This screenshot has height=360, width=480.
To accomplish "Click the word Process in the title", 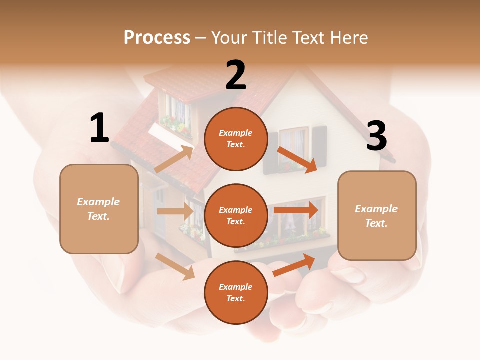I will pos(157,37).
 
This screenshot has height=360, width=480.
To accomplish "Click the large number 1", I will pos(99,128).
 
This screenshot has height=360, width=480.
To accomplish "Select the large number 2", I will pos(236,75).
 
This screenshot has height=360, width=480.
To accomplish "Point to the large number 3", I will pos(376,136).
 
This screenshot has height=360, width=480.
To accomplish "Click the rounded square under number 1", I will pos(99,209).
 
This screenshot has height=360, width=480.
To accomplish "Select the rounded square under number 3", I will pos(377,215).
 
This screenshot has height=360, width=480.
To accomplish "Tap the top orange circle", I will pos(236,139).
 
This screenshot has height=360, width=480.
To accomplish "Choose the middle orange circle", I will pos(236,215).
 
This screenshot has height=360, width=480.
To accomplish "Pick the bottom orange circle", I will pos(236,292).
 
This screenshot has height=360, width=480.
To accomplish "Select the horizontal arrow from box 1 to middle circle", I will pos(175,211).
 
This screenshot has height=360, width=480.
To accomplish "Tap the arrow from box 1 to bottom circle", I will pos(175,266).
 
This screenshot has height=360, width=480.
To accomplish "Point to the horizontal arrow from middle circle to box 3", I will pos(296,210).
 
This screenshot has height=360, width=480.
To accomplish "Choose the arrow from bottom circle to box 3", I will pos(294,265).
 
